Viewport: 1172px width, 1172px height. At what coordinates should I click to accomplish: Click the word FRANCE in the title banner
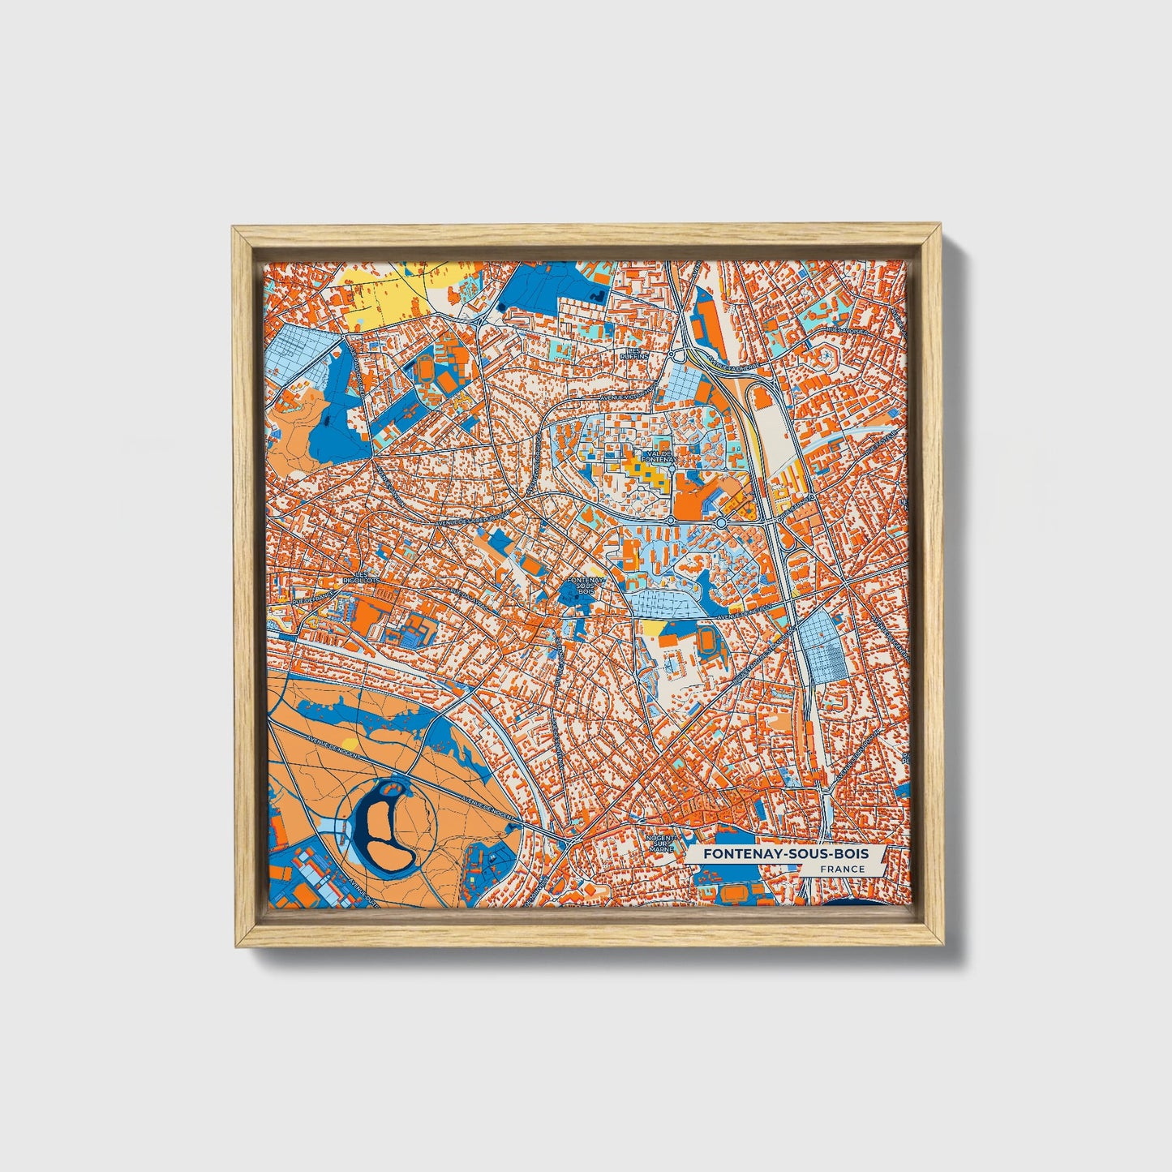coord(841,869)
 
